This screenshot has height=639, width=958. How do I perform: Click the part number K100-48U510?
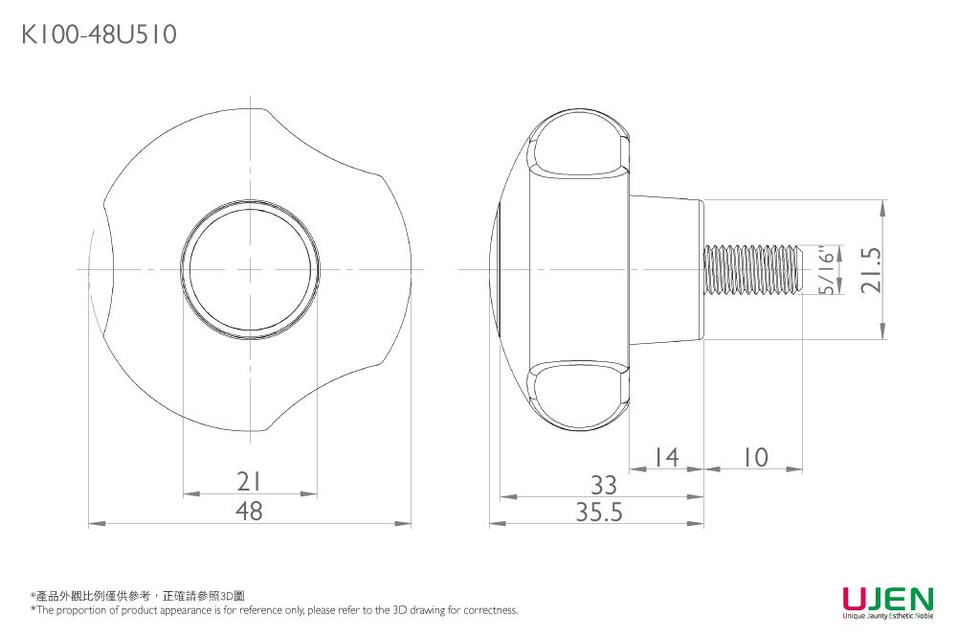pyautogui.click(x=99, y=36)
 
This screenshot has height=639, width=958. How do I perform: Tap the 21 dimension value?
pyautogui.click(x=249, y=480)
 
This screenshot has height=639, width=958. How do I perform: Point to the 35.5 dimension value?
pyautogui.click(x=599, y=513)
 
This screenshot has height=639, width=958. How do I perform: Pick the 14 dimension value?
pyautogui.click(x=667, y=457)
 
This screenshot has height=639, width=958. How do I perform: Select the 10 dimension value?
pyautogui.click(x=754, y=457)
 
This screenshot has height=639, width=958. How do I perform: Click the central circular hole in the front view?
pyautogui.click(x=250, y=269)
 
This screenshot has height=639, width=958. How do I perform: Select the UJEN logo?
pyautogui.click(x=887, y=601)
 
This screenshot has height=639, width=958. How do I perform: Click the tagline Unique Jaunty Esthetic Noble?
pyautogui.click(x=887, y=617)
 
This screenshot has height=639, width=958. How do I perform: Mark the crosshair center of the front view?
pyautogui.click(x=250, y=269)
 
